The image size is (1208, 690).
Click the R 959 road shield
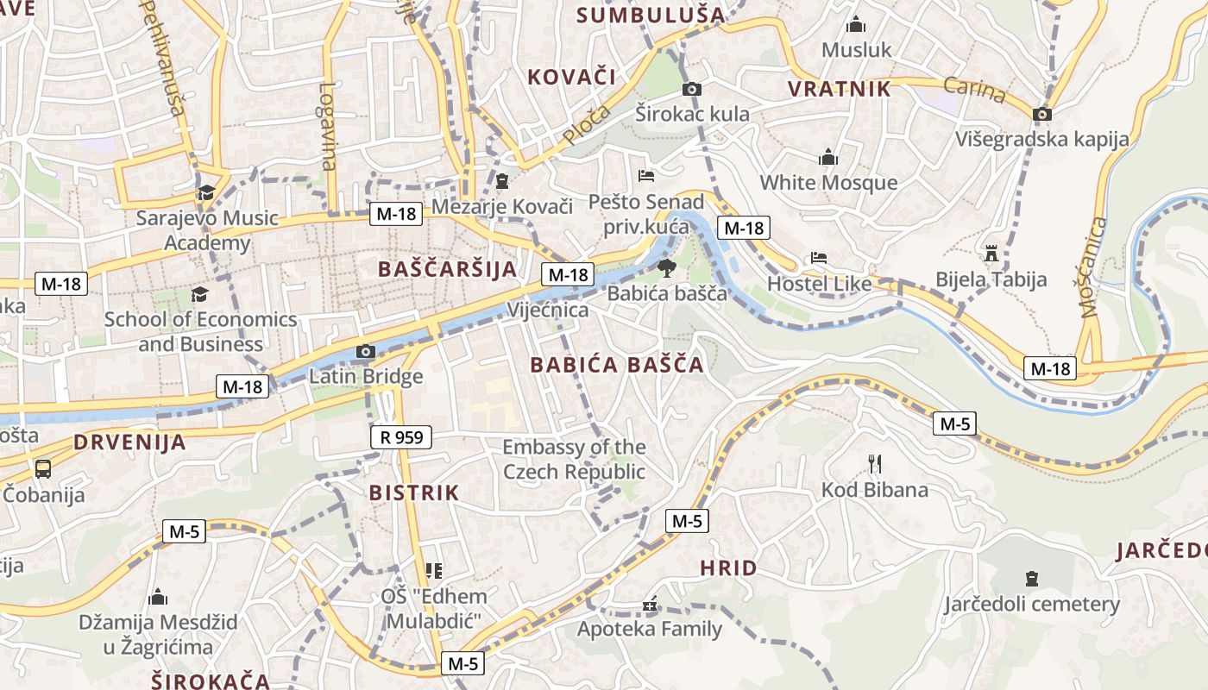pos(401,437)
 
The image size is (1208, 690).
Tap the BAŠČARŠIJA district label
pos(448,269)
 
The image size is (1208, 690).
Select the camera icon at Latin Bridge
pos(366,351)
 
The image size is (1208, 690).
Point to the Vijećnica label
pos(549,310)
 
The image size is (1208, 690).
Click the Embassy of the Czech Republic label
pos(574,460)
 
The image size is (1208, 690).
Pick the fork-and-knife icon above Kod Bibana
pos(875,464)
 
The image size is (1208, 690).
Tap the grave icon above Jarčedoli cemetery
pos(1031,578)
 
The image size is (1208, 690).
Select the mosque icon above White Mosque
pos(828,157)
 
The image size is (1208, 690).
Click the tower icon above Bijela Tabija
pos(991,254)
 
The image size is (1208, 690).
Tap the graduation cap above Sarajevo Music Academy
pos(206,192)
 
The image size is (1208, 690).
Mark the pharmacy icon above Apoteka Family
pos(649,605)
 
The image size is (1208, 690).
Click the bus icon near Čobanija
pos(43,468)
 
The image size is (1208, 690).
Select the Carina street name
pos(974,90)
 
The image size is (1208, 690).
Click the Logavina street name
pos(327,126)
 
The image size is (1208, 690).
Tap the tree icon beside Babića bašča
pos(665,268)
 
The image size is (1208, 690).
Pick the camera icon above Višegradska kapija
pos(1042,114)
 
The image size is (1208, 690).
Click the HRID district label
pos(728,568)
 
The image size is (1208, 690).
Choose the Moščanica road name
pos(1092,267)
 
